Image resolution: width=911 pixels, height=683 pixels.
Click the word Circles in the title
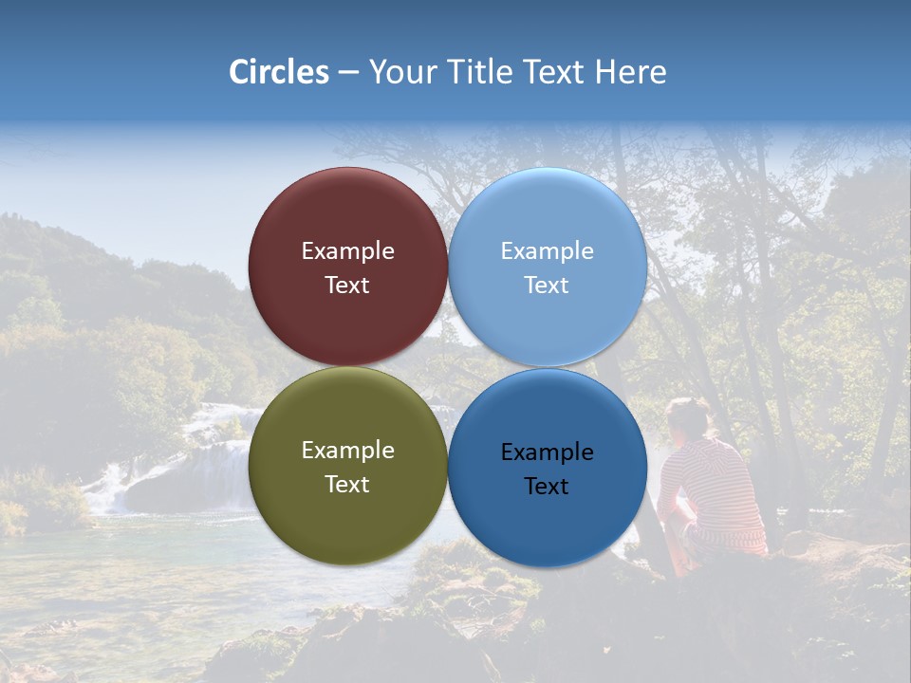[278, 72]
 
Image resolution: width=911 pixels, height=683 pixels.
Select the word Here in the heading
[631, 72]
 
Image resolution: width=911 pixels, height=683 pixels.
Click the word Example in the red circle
[347, 251]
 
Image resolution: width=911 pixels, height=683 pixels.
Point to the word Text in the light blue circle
[547, 286]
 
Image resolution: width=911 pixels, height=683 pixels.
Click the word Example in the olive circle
[347, 451]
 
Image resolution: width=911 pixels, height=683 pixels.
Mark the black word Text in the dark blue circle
[547, 487]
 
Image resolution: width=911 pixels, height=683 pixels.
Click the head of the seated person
[689, 418]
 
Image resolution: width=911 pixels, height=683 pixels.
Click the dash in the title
[348, 72]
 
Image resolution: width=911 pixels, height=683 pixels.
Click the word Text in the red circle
[347, 286]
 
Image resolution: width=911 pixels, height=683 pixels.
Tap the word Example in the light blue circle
[547, 251]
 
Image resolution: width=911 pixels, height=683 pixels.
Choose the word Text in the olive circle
[347, 485]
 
